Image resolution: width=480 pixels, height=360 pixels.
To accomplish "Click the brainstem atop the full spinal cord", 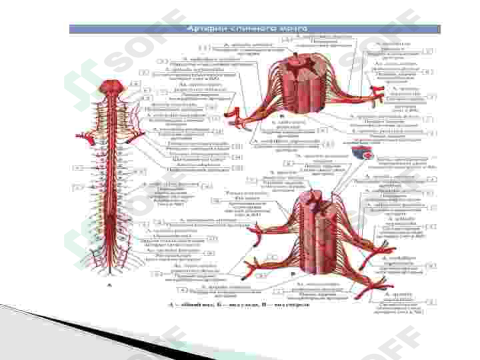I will click(x=110, y=88).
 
